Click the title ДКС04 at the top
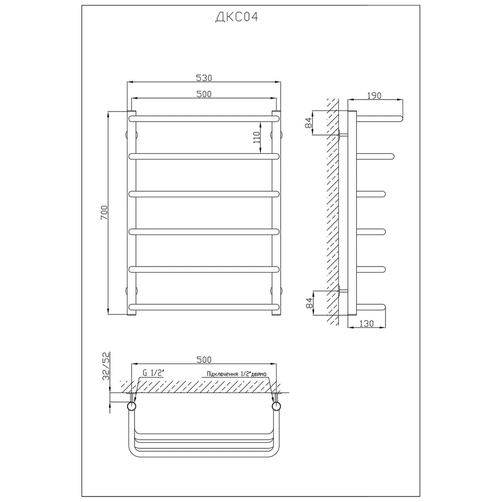[236, 17]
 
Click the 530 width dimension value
[204, 78]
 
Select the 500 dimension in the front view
[204, 94]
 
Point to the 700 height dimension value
[105, 212]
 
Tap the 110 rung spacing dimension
[257, 138]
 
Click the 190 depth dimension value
[374, 95]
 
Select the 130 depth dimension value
[366, 324]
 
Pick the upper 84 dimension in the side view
[309, 122]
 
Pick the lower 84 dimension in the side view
[309, 303]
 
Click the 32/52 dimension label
[106, 365]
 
